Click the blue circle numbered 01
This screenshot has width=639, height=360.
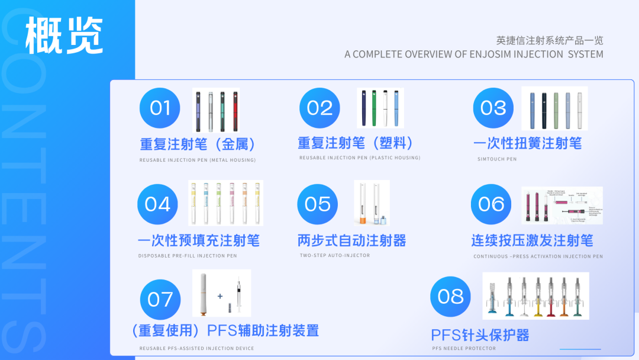pos(160,108)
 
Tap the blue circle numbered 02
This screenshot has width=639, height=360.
pos(319,108)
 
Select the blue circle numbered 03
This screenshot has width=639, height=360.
pos(493,108)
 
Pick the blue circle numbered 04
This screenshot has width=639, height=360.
pos(157,204)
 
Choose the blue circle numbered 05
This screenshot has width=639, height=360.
pos(317,204)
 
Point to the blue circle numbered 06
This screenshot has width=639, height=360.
pos(491,204)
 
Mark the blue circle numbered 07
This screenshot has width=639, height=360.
pos(160,300)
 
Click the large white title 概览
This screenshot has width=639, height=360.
pos(64,36)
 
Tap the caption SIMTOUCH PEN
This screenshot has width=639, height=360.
pos(497,159)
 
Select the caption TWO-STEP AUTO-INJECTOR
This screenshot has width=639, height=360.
pos(335,256)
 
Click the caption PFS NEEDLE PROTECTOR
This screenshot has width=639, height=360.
pos(464,348)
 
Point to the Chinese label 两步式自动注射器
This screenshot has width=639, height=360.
pos(352,241)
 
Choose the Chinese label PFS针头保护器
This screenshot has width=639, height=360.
pos(480,335)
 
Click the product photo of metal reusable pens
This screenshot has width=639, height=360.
pos(216,110)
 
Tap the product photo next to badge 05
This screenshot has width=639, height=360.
pos(372,203)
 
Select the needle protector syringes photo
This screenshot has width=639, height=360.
pos(535,296)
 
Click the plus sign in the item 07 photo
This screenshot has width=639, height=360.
pos(220,296)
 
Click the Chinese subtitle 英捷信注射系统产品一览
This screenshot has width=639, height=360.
pos(550,41)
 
